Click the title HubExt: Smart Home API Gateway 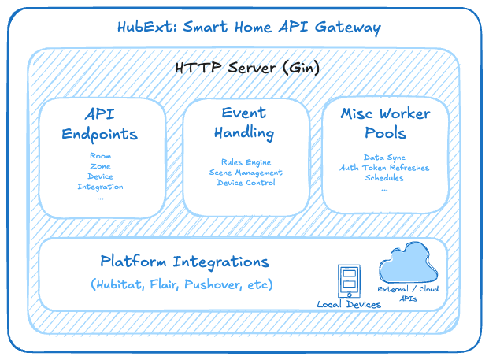pos(249,28)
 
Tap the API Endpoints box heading pos(100,123)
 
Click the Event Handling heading pos(243,122)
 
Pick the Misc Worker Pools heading pos(386,123)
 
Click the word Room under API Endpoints pos(100,156)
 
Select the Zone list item pos(100,166)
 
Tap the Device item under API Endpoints pos(100,176)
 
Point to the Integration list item pos(100,187)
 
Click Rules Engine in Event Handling pos(246,162)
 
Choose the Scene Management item pos(246,173)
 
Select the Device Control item pos(246,183)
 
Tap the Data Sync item pos(385,158)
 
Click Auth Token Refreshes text pos(385,168)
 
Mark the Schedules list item pos(385,178)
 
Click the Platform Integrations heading pos(184,262)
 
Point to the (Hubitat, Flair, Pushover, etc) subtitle pos(182,284)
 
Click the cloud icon pos(409,266)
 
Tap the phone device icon pos(348,280)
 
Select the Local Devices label pos(349,305)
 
